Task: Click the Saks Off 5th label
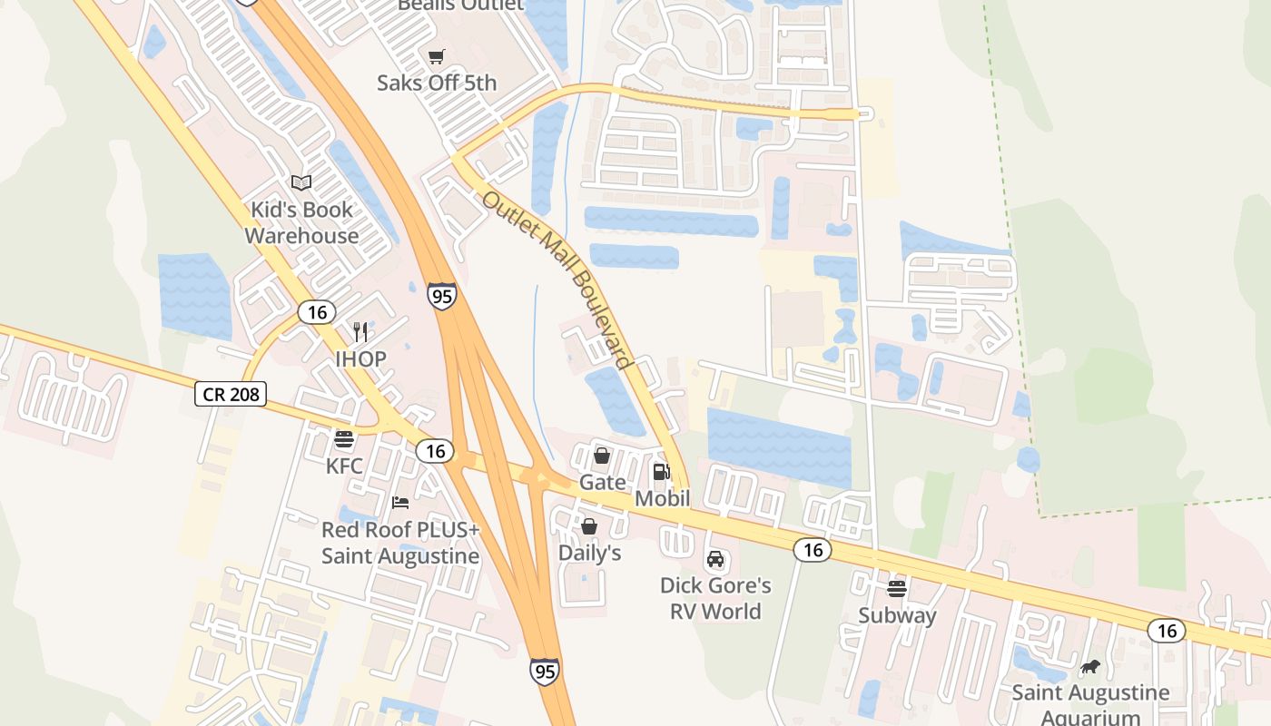point(437,83)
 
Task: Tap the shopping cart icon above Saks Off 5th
point(437,57)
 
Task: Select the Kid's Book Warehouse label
point(301,222)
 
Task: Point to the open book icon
point(301,183)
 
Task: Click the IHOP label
point(360,358)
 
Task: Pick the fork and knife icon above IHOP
point(360,331)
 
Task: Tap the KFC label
point(344,466)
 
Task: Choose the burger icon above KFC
point(344,440)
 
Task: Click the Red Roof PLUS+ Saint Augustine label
point(400,543)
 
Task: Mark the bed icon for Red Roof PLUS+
point(400,503)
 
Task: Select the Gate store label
point(603,482)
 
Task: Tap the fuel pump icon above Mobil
point(662,472)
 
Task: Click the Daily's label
point(589,553)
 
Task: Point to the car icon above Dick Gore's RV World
point(715,559)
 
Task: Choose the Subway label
point(897,615)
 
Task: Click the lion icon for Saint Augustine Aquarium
point(1090,668)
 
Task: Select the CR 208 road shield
point(230,394)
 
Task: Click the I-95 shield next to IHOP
point(442,296)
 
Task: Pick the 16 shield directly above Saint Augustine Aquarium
point(1166,630)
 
